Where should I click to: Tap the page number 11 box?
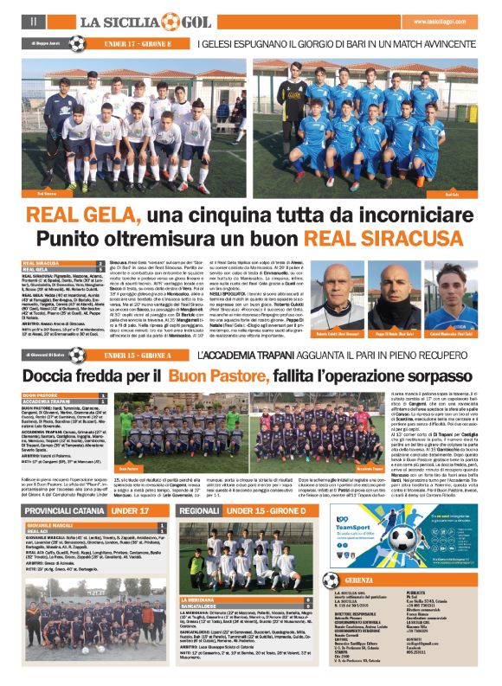(x=32, y=20)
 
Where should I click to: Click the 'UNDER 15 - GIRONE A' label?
(x=136, y=355)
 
